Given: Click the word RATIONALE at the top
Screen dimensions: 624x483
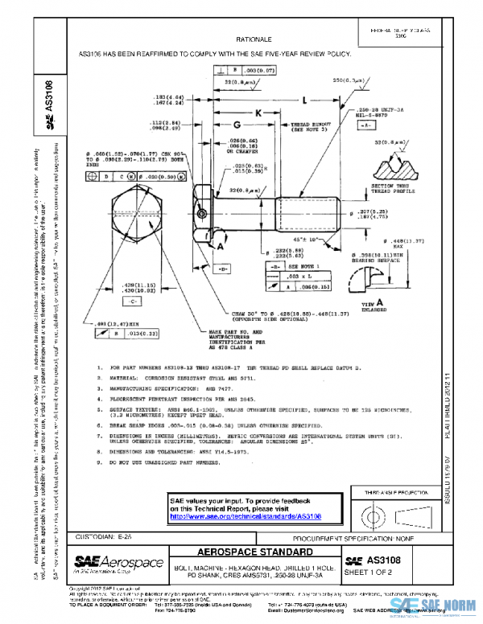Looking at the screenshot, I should click(254, 39).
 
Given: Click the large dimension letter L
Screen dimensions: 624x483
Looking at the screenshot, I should click(303, 101).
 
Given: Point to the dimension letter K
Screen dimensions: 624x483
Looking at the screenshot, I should click(258, 113).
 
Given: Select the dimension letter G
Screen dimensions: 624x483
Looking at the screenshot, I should click(237, 126).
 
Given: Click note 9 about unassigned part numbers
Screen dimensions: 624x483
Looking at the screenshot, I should click(161, 464).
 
